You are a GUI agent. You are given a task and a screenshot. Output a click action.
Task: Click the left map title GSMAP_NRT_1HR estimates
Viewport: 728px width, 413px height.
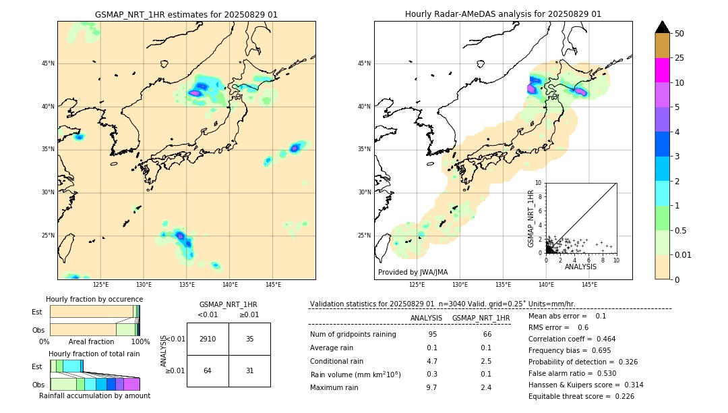pyautogui.click(x=186, y=14)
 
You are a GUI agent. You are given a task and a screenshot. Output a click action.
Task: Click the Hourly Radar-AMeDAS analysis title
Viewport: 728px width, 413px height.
pyautogui.click(x=503, y=14)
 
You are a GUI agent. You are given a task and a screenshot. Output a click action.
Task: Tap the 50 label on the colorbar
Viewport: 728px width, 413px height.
pyautogui.click(x=679, y=34)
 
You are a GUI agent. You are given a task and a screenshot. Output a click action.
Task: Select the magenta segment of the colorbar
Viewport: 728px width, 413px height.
pyautogui.click(x=663, y=70)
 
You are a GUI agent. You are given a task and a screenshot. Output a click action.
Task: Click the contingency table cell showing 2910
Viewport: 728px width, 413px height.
pyautogui.click(x=208, y=339)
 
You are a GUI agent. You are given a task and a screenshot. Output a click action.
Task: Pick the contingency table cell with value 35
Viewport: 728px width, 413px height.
pyautogui.click(x=249, y=339)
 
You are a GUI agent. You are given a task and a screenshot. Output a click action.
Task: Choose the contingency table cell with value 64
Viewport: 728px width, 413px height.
pyautogui.click(x=208, y=370)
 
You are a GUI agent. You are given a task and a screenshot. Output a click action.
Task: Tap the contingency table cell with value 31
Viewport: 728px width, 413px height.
pyautogui.click(x=249, y=370)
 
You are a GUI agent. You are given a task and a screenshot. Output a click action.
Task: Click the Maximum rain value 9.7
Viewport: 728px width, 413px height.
pyautogui.click(x=431, y=387)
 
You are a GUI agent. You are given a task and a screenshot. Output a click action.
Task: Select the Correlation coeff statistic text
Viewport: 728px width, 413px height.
pyautogui.click(x=572, y=339)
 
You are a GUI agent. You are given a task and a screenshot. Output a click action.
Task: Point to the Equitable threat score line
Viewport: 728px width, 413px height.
pyautogui.click(x=581, y=396)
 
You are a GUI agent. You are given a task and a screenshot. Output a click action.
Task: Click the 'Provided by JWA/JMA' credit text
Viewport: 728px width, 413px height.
pyautogui.click(x=413, y=272)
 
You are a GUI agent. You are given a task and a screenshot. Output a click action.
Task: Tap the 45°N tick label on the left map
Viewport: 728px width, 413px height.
pyautogui.click(x=47, y=63)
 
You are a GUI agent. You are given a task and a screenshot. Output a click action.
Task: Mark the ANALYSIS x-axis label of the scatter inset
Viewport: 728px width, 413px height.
pyautogui.click(x=580, y=267)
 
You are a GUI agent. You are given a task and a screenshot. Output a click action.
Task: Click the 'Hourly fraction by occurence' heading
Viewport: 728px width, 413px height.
pyautogui.click(x=94, y=299)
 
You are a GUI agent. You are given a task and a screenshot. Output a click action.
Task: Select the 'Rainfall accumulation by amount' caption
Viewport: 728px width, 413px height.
pyautogui.click(x=94, y=395)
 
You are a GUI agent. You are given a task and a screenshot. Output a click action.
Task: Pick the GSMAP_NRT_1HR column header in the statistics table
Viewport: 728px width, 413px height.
pyautogui.click(x=481, y=318)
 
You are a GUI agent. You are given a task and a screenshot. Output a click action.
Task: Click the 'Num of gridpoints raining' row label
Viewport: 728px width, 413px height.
pyautogui.click(x=353, y=335)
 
